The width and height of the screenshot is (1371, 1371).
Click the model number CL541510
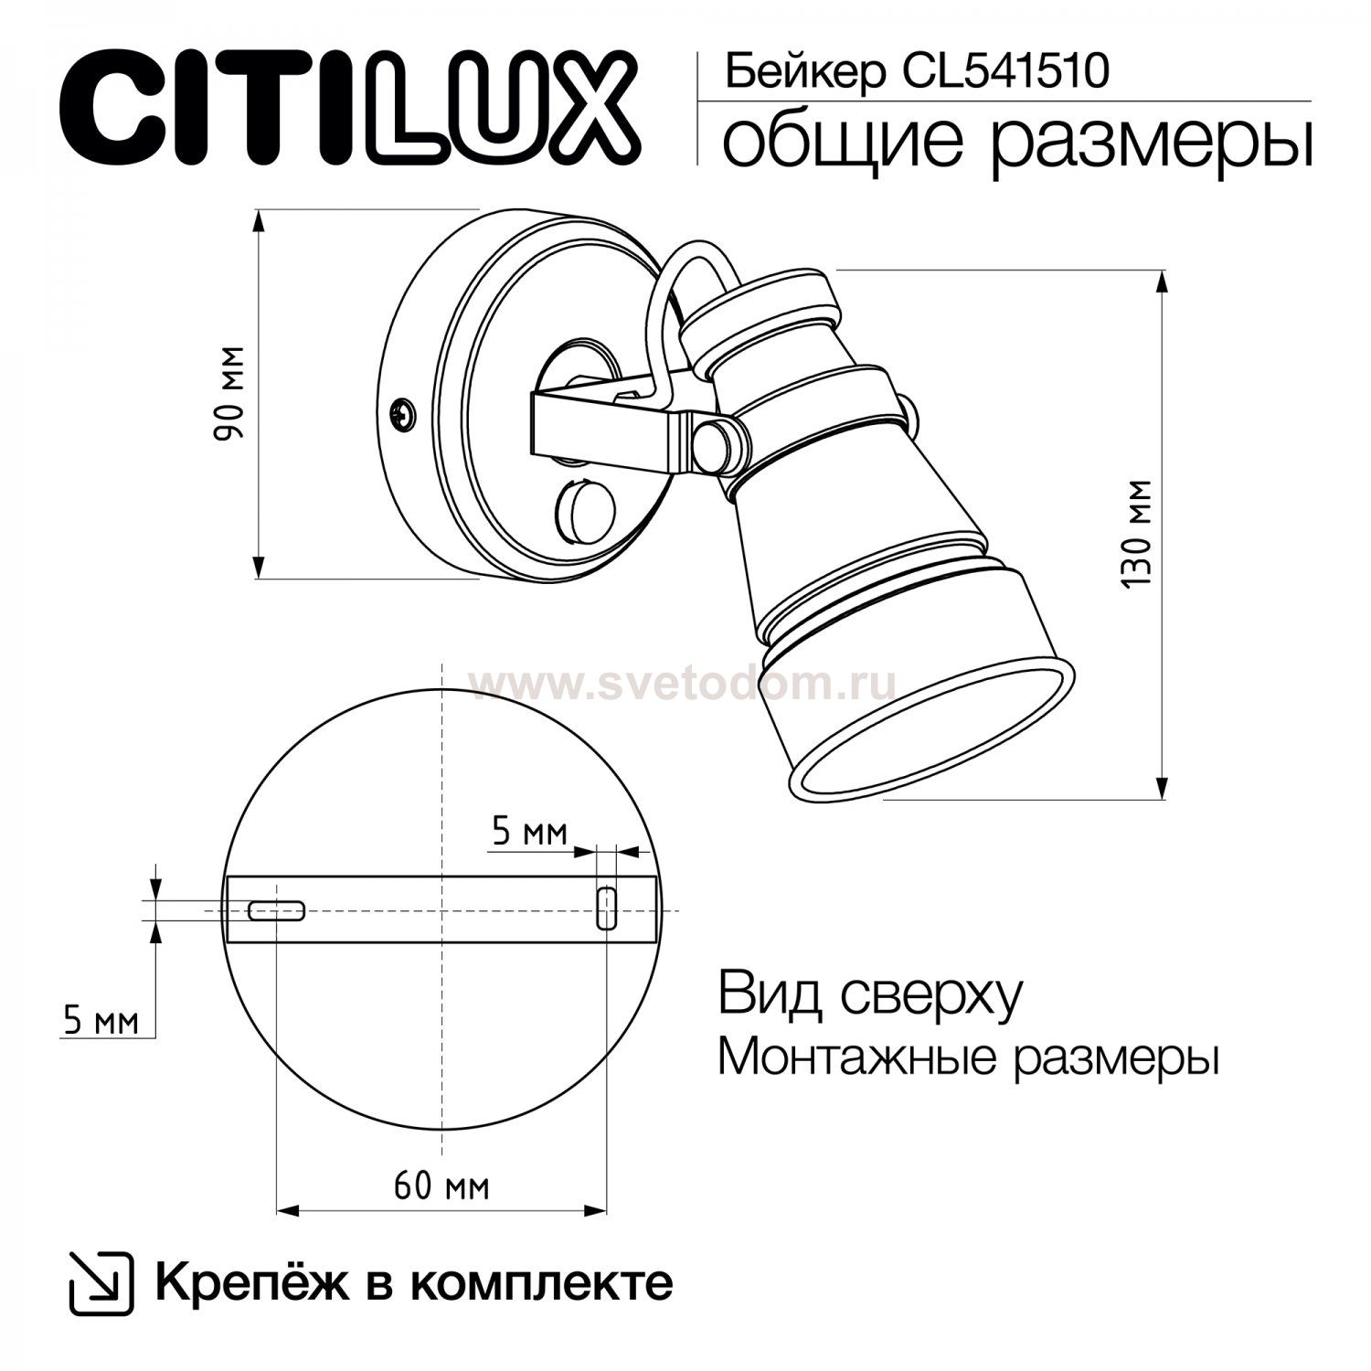tap(1006, 71)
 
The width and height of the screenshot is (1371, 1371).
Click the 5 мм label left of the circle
tap(101, 1020)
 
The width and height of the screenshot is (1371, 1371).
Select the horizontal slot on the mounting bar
tap(277, 910)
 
